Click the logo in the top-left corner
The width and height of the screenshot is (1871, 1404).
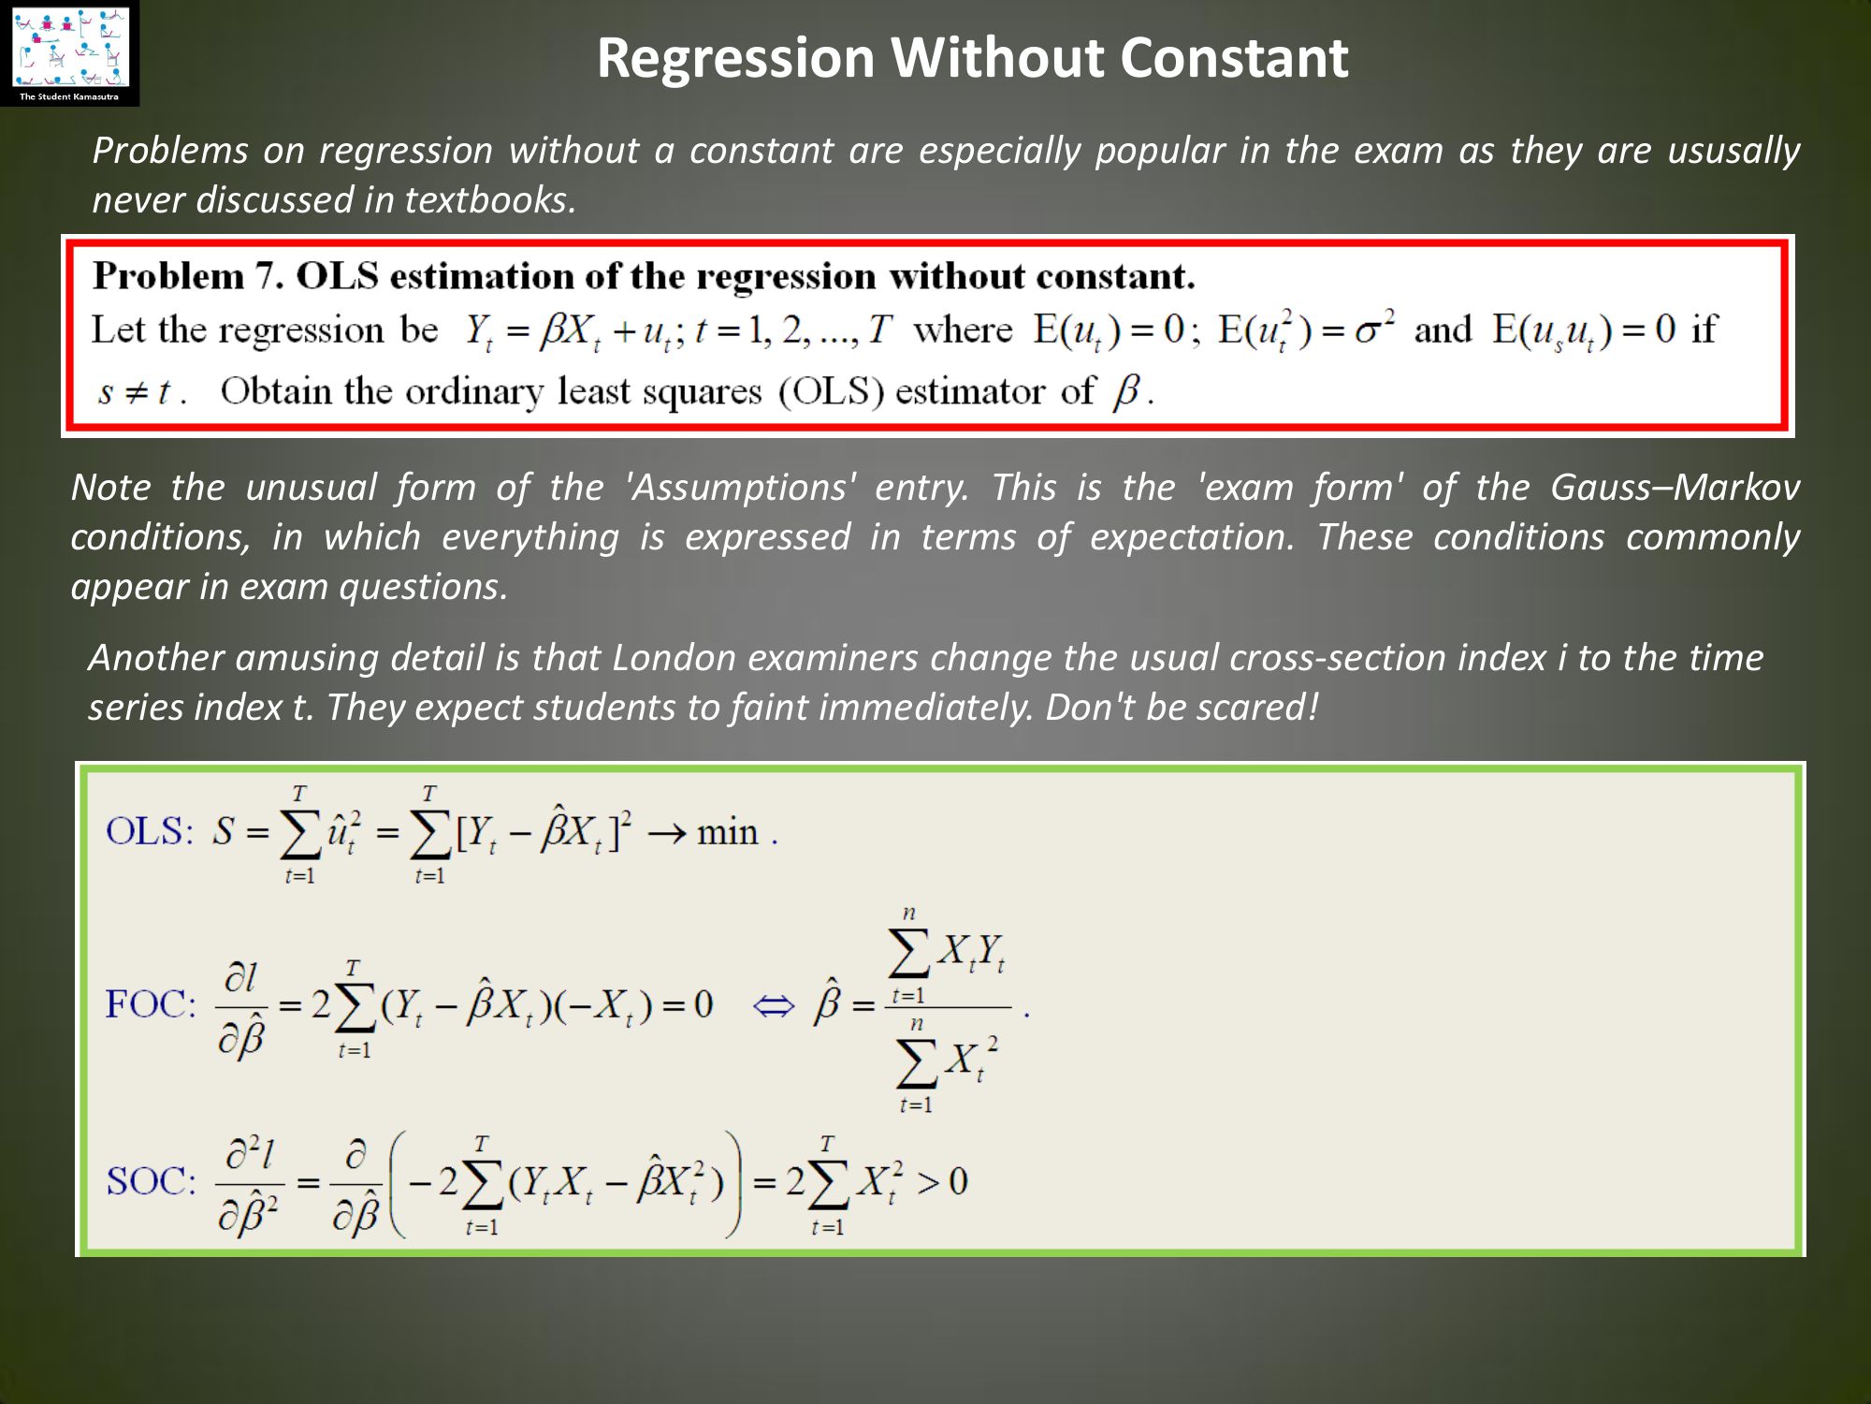pos(69,52)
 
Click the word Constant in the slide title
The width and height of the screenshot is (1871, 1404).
pos(1234,57)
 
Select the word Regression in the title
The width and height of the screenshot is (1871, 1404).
pos(735,59)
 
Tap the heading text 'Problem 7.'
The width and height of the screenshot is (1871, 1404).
pos(188,276)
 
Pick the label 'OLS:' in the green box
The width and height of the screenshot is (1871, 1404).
pos(149,831)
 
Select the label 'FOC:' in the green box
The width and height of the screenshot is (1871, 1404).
pos(151,1004)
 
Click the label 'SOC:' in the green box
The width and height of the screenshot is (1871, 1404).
pos(151,1181)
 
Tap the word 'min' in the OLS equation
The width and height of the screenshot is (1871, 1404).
pos(727,832)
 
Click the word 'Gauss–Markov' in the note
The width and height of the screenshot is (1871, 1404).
pos(1675,488)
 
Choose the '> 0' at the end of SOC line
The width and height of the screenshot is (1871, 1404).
pos(941,1182)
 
